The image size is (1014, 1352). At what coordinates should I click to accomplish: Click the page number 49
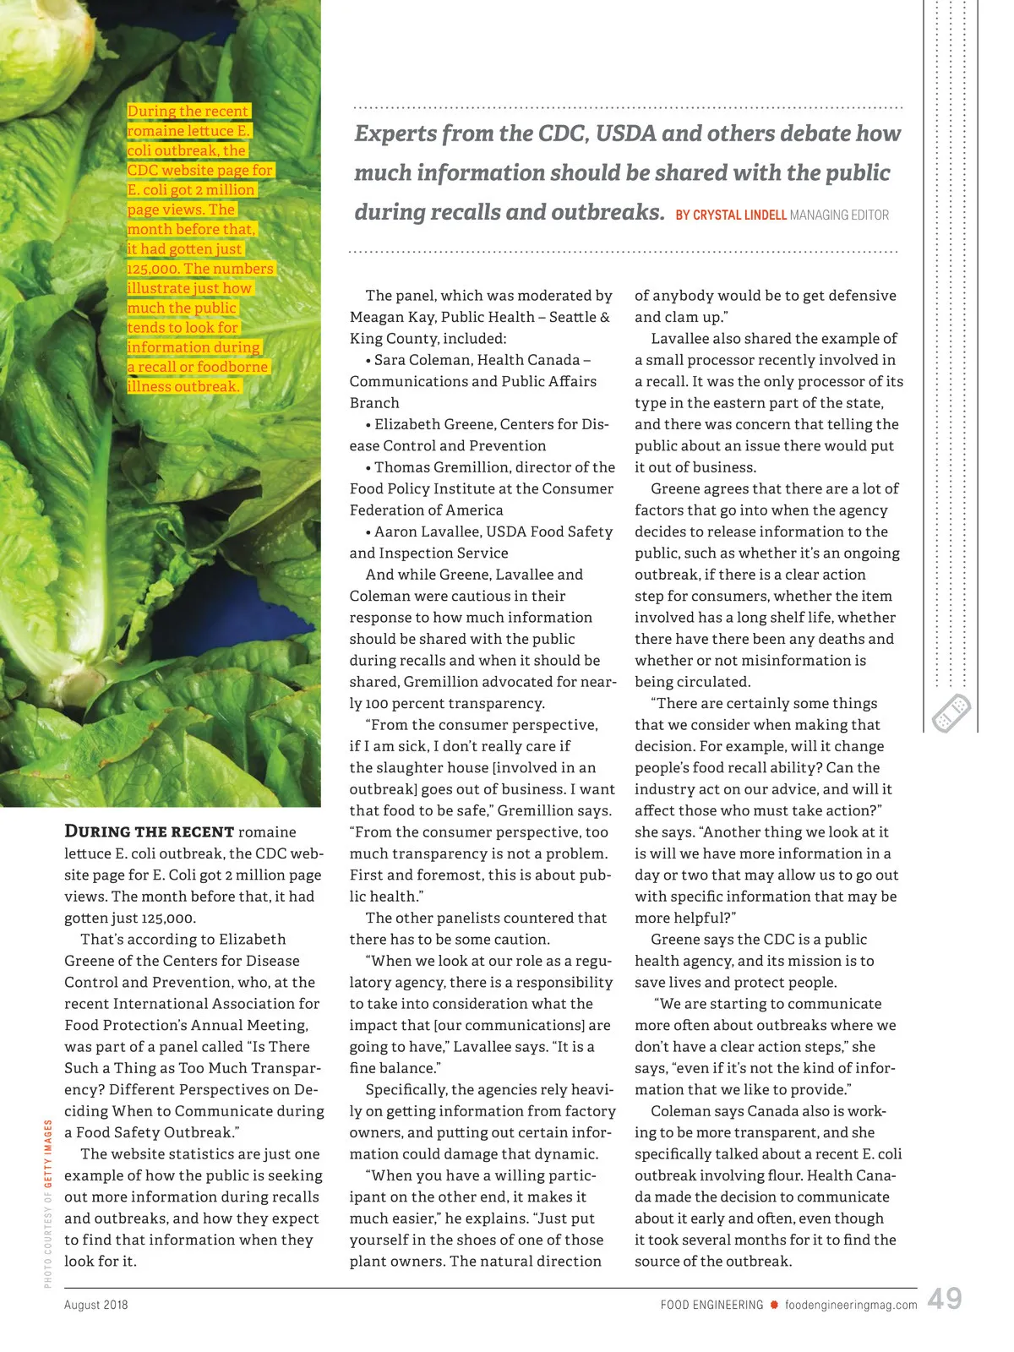pos(944,1299)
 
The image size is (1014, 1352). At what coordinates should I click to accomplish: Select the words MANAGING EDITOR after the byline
pos(839,215)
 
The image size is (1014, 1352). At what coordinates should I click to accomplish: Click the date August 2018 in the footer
pos(96,1305)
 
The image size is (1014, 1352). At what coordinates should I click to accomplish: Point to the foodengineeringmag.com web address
pos(851,1305)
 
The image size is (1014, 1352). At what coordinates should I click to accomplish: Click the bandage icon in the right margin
pos(951,713)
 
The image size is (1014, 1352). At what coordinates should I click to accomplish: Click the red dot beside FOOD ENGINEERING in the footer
pos(774,1305)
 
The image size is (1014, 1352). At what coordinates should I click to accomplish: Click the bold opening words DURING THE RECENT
pos(150,831)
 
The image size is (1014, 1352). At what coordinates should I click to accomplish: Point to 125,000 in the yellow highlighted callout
pos(153,269)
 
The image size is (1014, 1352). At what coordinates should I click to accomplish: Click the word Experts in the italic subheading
pos(395,134)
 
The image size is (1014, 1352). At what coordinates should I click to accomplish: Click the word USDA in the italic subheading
pos(625,134)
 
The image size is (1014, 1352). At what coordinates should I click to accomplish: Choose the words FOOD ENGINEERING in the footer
pos(712,1305)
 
